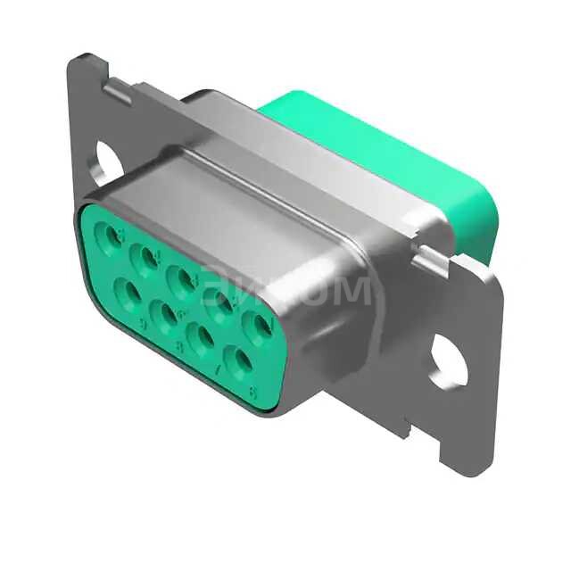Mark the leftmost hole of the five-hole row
click(x=114, y=236)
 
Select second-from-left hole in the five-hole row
click(x=146, y=258)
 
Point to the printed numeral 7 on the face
click(x=215, y=368)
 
